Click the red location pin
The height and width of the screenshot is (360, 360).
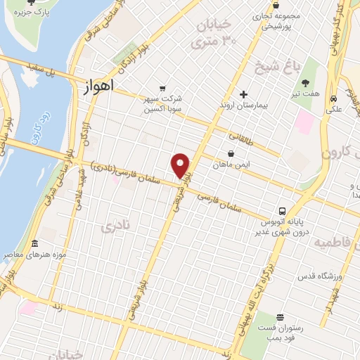tap(181, 165)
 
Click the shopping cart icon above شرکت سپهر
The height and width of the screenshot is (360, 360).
tap(163, 89)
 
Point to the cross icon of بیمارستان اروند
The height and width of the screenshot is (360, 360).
tap(244, 94)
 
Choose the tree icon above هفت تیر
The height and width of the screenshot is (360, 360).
tap(305, 83)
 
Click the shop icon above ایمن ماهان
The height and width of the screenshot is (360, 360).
tap(230, 153)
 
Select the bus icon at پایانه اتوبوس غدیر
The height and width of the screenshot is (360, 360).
tap(282, 210)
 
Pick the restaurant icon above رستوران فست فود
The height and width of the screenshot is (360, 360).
tap(280, 318)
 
